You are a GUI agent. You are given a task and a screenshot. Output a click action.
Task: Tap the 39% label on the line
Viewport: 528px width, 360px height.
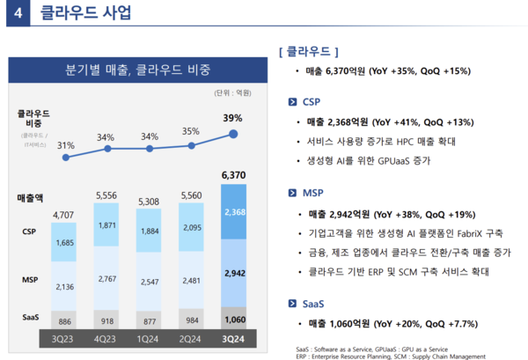pos(233,117)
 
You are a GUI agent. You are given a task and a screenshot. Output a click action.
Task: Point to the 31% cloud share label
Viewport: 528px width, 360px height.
pos(65,145)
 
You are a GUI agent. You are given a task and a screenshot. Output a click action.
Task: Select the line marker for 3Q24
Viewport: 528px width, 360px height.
pos(233,134)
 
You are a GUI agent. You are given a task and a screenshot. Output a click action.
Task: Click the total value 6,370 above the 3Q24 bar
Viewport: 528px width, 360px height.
pos(233,176)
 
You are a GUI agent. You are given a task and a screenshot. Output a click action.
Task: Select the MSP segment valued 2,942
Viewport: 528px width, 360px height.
pos(233,273)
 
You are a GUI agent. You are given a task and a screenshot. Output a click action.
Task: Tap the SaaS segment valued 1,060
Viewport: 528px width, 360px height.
pos(233,319)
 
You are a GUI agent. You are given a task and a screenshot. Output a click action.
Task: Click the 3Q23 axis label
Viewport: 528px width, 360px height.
pos(65,338)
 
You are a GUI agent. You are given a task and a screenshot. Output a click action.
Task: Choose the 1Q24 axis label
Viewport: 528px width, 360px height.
pos(150,338)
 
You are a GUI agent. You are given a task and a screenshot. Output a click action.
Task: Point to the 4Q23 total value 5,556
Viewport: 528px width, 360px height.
pos(107,195)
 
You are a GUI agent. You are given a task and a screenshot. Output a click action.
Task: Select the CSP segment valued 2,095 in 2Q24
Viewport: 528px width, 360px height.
pos(192,227)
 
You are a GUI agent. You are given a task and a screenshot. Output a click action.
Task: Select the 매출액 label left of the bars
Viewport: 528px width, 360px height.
pos(31,199)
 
